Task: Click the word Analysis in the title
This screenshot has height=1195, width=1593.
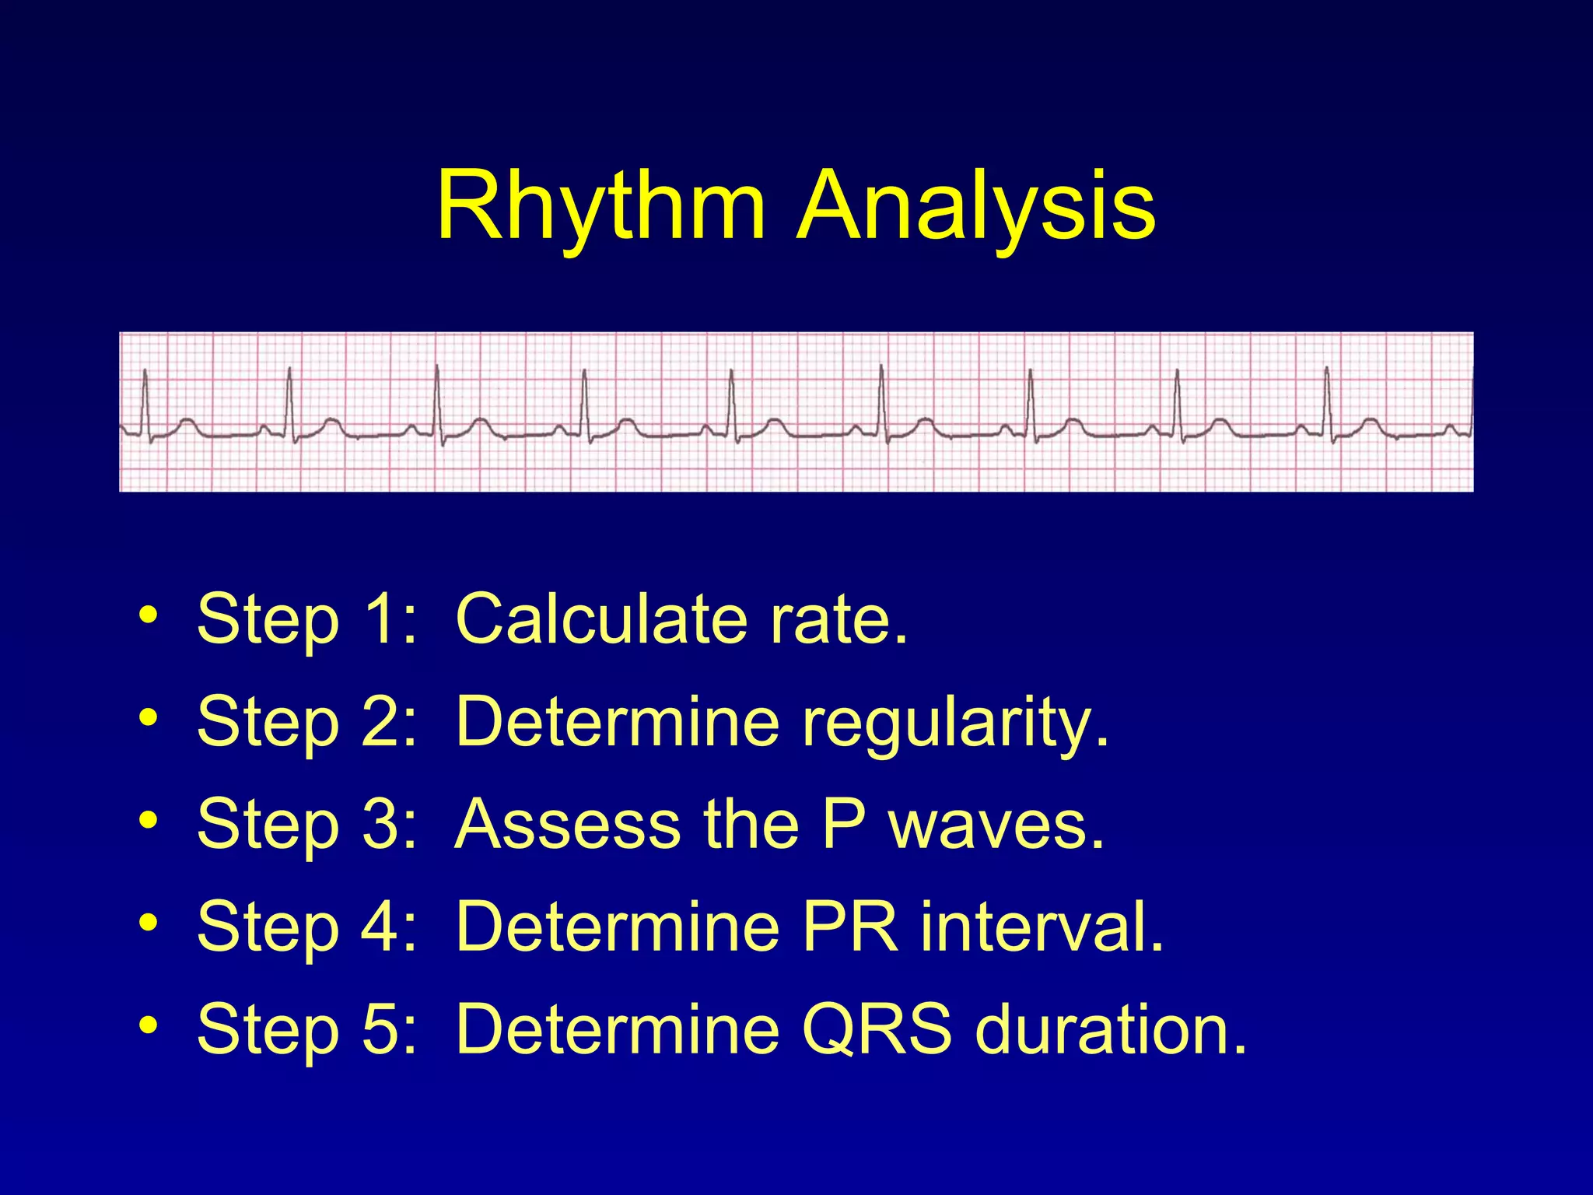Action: [977, 206]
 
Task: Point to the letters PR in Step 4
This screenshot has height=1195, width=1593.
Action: [849, 927]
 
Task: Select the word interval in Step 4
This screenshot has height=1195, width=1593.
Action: [1042, 927]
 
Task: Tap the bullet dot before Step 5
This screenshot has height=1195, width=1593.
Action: [148, 1026]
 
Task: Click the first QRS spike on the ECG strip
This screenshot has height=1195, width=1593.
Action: [145, 401]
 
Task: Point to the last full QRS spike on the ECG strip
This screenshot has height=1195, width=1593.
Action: [1327, 401]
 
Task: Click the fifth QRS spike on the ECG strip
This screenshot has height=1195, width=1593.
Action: [731, 401]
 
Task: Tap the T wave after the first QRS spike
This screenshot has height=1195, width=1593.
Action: [187, 423]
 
